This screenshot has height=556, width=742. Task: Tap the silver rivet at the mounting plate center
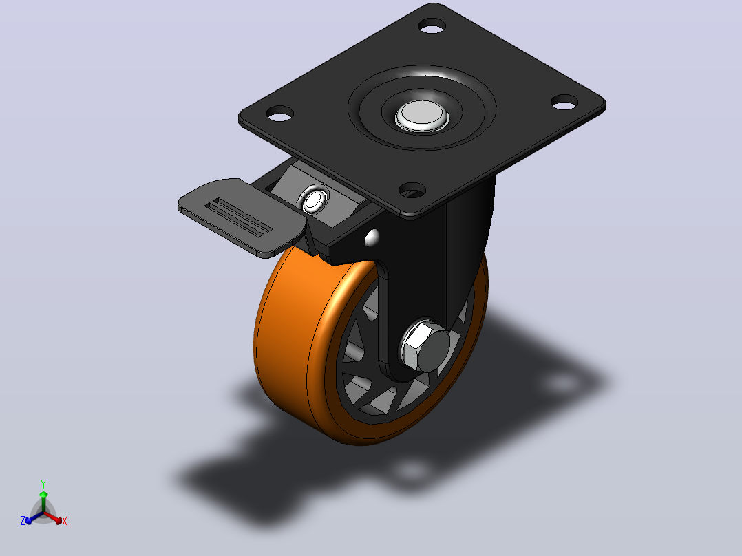coord(422,115)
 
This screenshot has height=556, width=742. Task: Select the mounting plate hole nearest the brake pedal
coord(279,114)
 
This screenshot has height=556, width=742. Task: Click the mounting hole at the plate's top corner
coord(432,25)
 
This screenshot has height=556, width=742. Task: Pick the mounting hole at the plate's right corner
coord(565,102)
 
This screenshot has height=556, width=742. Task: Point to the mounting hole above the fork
coord(412,190)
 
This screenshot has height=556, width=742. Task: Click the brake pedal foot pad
coord(242,217)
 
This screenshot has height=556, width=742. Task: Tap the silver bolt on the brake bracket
coord(313,200)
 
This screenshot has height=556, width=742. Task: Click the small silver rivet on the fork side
coord(372,237)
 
